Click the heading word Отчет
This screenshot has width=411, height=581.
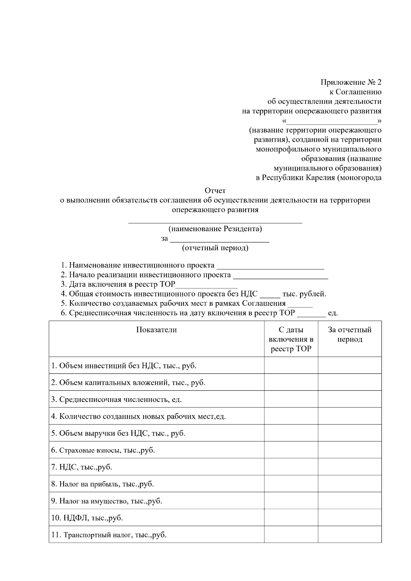(x=215, y=191)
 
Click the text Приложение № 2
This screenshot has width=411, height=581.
(x=351, y=83)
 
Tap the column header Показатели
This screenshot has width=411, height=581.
(x=157, y=330)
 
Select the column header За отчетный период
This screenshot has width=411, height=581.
(x=350, y=335)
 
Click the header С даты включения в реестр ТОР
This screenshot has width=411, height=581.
(x=291, y=339)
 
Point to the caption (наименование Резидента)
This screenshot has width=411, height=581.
(x=215, y=229)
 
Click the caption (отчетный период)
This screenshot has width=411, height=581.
(x=215, y=248)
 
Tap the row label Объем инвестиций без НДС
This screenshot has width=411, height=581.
(x=124, y=366)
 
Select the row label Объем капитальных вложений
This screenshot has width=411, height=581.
(x=128, y=382)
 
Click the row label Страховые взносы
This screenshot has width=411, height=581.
(x=103, y=450)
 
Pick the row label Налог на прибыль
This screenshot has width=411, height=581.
(x=102, y=484)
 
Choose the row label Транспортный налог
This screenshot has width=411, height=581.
(x=109, y=535)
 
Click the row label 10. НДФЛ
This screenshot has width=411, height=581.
(x=87, y=518)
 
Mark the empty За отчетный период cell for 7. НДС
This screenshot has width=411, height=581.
(x=350, y=467)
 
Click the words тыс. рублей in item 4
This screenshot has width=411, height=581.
(x=304, y=294)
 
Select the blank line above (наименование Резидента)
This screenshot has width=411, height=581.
(x=215, y=222)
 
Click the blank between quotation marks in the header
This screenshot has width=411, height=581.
(x=331, y=122)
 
